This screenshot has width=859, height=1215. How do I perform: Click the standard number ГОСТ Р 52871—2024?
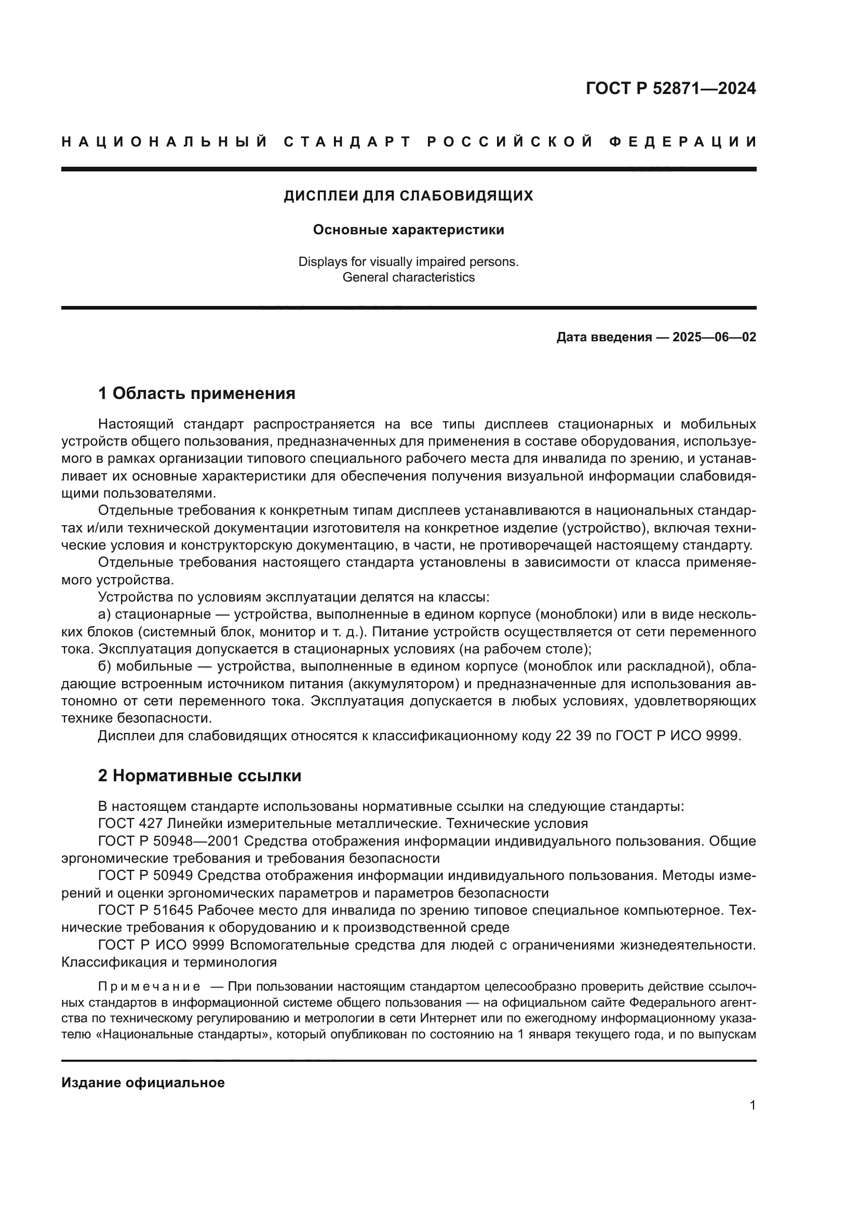[x=670, y=88]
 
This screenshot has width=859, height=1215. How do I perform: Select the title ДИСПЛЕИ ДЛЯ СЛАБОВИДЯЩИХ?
[x=408, y=196]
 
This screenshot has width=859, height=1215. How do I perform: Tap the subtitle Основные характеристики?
[x=408, y=230]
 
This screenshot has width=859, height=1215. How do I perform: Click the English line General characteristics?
[x=408, y=277]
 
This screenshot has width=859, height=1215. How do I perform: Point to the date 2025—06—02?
[x=714, y=337]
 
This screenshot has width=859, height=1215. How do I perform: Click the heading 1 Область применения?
[x=196, y=393]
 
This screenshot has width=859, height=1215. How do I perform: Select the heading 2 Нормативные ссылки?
[x=199, y=775]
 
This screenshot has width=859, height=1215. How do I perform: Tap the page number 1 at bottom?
[x=752, y=1105]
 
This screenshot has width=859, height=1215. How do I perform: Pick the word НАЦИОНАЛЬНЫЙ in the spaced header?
[x=165, y=142]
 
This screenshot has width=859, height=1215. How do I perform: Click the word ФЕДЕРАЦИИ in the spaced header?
[x=683, y=142]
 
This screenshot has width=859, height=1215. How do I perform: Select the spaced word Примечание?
[x=149, y=986]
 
